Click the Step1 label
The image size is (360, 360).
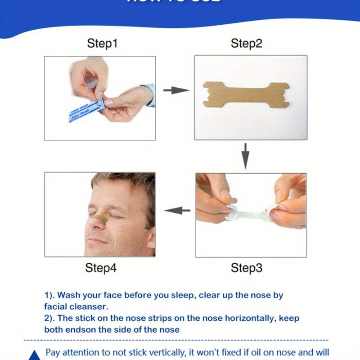(x=102, y=44)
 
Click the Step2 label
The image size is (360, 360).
(x=246, y=44)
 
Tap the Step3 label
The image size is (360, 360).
(x=246, y=268)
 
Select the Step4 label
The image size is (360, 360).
(x=101, y=268)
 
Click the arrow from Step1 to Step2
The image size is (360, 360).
(x=176, y=90)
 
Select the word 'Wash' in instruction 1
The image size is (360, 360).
(x=67, y=296)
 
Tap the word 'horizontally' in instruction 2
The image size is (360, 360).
(x=248, y=318)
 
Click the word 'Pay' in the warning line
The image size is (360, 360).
(x=54, y=352)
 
